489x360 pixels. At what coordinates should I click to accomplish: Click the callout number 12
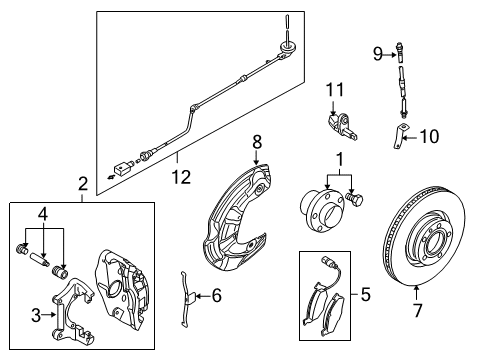tap(181, 177)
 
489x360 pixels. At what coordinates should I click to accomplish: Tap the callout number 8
tap(257, 142)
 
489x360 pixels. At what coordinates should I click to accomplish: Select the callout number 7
tap(418, 310)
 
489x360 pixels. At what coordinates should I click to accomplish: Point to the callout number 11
tap(335, 90)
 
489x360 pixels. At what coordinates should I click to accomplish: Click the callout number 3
tap(36, 315)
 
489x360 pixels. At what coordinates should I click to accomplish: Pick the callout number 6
tap(217, 295)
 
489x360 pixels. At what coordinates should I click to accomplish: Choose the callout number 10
tap(429, 136)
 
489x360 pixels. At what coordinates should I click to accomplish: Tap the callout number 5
tap(366, 295)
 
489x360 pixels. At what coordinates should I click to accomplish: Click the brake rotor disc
tap(424, 235)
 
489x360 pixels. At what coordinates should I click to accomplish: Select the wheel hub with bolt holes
tap(322, 210)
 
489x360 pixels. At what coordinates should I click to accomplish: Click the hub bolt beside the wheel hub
tap(355, 199)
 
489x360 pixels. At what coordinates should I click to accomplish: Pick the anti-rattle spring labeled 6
tap(185, 299)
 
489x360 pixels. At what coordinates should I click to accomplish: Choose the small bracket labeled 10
tap(400, 136)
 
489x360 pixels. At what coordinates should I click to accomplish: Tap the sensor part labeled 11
tap(341, 127)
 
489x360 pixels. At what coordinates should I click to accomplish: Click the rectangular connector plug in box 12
tap(121, 167)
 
